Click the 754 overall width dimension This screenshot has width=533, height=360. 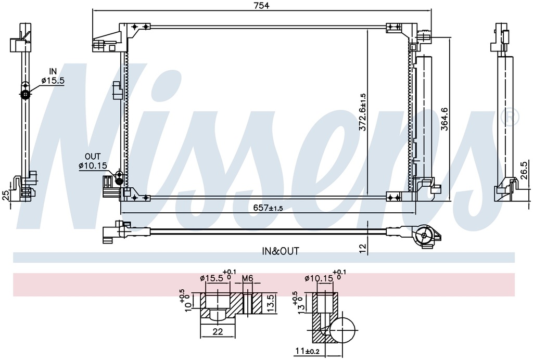[262, 6]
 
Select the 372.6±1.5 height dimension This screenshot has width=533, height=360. [362, 112]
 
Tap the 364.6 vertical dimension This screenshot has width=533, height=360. [445, 119]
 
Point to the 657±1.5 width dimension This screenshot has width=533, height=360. [268, 208]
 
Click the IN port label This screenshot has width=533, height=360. [53, 71]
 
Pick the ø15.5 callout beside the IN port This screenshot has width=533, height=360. [53, 81]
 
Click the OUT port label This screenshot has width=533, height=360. [93, 157]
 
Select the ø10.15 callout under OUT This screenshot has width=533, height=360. [93, 166]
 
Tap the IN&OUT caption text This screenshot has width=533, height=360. [281, 251]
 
